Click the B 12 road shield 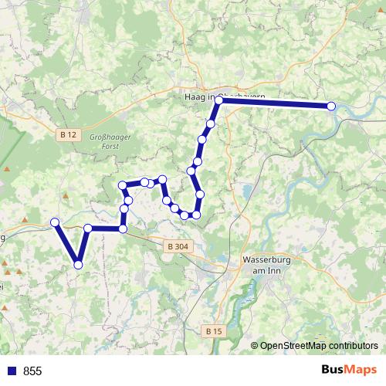68,134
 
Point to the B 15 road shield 214,330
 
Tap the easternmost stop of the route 332,107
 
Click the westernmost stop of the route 55,223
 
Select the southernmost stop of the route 78,265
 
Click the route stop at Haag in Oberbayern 218,100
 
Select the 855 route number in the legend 32,371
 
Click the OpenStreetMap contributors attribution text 319,346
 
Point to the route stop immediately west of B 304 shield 123,229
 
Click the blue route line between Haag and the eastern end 274,103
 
